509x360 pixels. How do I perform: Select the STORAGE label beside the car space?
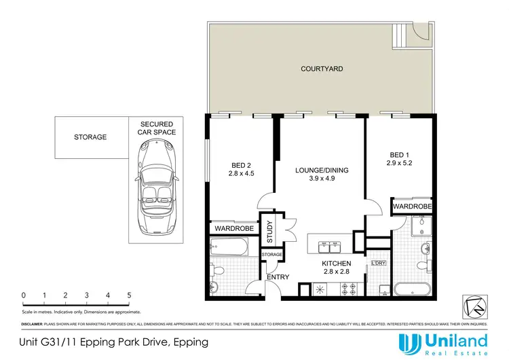(90, 137)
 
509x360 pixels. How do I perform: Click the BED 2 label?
(242, 165)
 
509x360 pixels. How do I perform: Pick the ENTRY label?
(278, 277)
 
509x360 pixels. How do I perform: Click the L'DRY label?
(378, 263)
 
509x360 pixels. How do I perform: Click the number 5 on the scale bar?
(129, 295)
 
